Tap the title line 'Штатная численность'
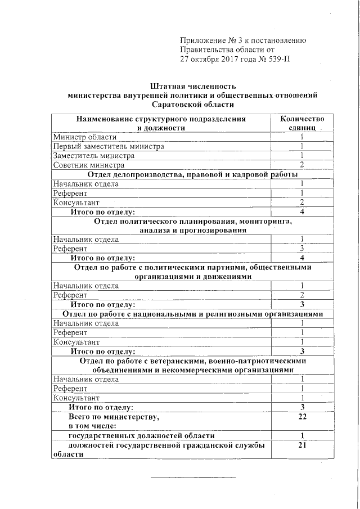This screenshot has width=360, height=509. point(192,87)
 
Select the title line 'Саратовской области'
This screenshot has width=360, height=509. point(192,105)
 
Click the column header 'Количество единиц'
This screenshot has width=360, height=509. point(302,124)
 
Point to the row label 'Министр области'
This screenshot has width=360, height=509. point(85,137)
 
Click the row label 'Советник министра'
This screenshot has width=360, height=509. point(89,165)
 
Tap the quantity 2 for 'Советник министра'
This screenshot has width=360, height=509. point(302,165)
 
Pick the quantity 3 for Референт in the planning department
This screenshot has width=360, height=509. point(302,248)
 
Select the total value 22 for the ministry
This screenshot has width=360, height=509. point(302,417)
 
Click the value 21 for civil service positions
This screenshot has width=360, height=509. point(302,445)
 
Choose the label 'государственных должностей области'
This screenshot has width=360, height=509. point(141,436)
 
